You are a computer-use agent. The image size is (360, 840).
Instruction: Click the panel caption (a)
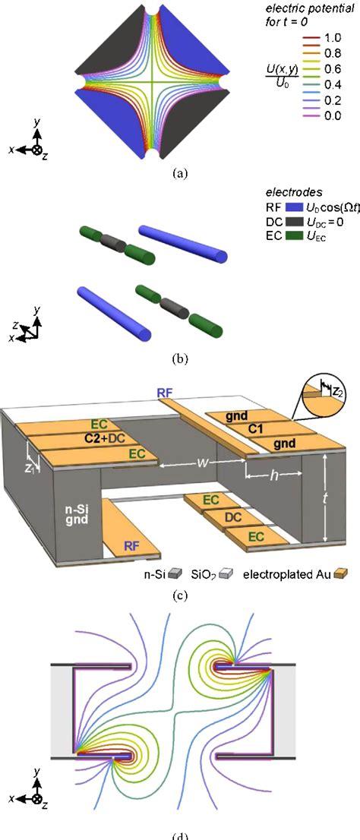point(179,173)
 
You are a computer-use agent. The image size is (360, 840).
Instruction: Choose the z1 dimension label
point(34,468)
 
